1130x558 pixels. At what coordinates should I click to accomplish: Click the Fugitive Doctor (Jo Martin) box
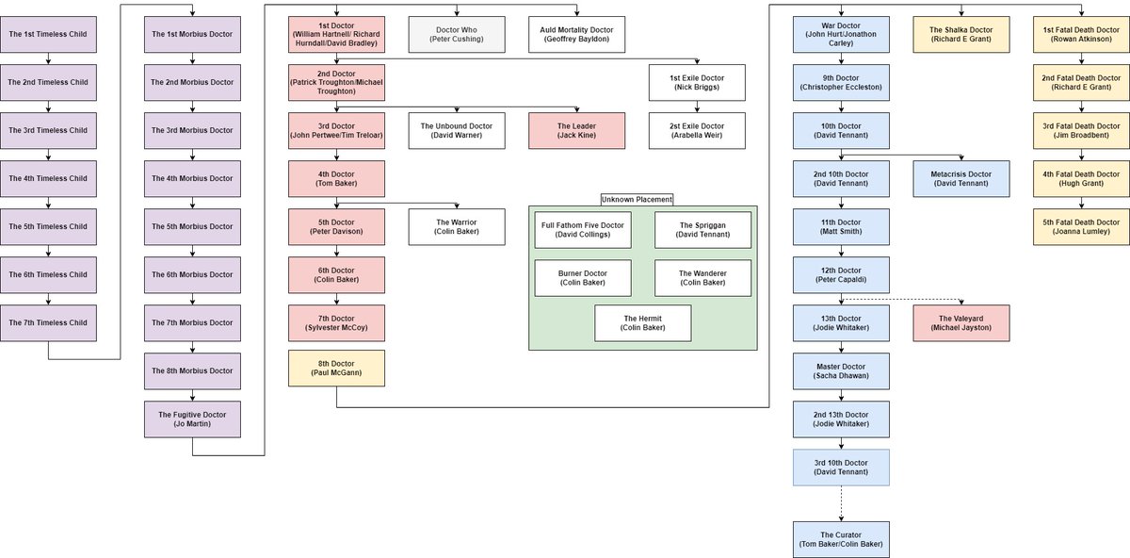[x=192, y=419]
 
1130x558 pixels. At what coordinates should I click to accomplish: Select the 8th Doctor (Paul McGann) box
[x=336, y=369]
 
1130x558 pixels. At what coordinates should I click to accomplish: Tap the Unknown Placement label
[x=637, y=200]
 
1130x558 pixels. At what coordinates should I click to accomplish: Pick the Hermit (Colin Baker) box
[x=642, y=323]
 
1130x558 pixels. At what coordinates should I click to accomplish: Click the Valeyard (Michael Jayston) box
[x=961, y=323]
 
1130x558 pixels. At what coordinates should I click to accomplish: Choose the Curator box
[x=841, y=539]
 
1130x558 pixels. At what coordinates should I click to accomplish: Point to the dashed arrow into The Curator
[x=841, y=503]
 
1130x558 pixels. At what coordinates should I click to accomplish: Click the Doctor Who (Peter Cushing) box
[x=457, y=34]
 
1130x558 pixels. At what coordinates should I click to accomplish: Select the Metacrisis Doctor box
[x=961, y=179]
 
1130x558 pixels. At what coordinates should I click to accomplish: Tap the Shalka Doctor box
[x=961, y=34]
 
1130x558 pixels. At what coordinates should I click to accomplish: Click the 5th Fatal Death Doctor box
[x=1081, y=227]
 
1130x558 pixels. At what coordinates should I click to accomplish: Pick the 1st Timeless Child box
[x=48, y=34]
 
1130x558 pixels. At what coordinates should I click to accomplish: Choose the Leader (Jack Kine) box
[x=576, y=131]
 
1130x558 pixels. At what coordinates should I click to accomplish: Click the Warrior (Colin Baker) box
[x=457, y=227]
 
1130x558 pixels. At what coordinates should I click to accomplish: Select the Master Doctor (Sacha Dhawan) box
[x=841, y=371]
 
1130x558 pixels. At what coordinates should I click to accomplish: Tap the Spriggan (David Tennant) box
[x=702, y=230]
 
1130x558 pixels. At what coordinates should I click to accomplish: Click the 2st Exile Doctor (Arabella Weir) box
[x=697, y=131]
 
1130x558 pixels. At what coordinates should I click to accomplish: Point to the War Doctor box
[x=841, y=34]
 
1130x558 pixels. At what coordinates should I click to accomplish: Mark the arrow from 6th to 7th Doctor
[x=336, y=299]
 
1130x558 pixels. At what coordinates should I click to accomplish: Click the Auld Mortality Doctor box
[x=576, y=34]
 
